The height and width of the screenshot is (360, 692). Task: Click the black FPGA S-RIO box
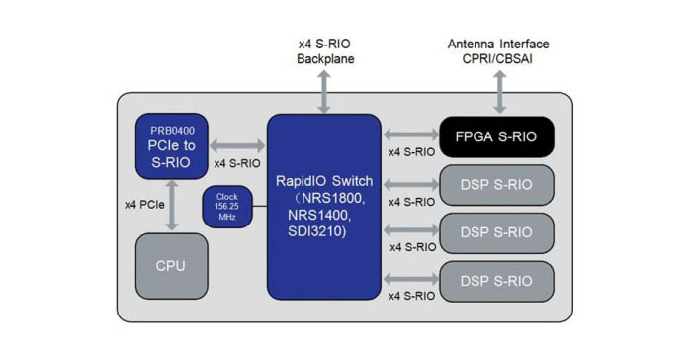click(x=495, y=136)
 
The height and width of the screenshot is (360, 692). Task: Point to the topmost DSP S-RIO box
click(x=495, y=184)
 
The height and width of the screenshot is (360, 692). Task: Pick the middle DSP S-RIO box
click(x=495, y=232)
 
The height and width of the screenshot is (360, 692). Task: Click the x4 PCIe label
click(x=144, y=204)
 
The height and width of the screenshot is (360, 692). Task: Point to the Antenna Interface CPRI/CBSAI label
click(x=498, y=52)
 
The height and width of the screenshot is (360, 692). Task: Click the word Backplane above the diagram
click(x=324, y=60)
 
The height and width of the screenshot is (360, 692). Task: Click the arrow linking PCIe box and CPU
click(x=173, y=206)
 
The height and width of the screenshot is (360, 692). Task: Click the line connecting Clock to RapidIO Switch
click(x=258, y=207)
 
